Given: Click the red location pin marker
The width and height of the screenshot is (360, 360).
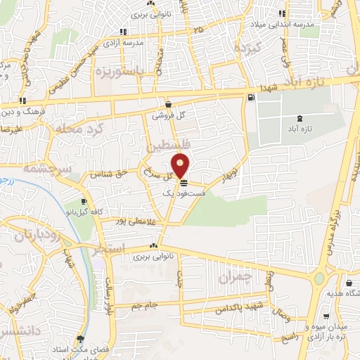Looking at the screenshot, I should (181, 165).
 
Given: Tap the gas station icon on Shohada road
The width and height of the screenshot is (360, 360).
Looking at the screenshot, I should (250, 97).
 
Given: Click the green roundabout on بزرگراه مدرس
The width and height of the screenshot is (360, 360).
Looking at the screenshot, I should (320, 278).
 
